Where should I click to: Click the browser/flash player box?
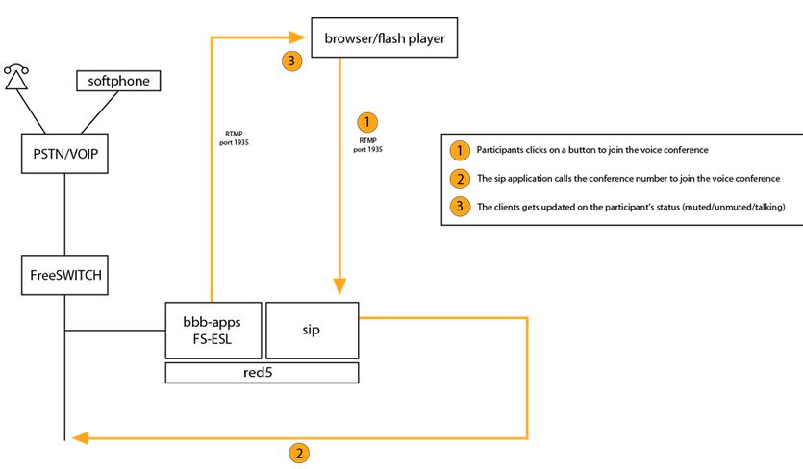[x=383, y=39]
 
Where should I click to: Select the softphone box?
[x=118, y=82]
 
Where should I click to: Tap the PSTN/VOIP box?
[x=64, y=155]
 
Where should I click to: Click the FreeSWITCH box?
[x=64, y=275]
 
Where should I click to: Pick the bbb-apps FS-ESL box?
[x=212, y=329]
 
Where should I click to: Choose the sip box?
[x=312, y=329]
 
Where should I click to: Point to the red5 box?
[x=262, y=373]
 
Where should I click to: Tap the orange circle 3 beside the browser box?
[x=292, y=61]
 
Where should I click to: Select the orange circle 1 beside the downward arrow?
[x=368, y=122]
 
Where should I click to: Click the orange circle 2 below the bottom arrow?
[x=301, y=453]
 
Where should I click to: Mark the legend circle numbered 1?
[x=460, y=151]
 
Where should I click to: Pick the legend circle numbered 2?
[x=460, y=179]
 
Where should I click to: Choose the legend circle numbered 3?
[x=460, y=207]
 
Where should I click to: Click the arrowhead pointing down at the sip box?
[x=339, y=285]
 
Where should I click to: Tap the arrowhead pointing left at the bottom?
[x=75, y=438]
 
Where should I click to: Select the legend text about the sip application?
[x=628, y=179]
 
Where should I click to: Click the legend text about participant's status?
[x=631, y=207]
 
